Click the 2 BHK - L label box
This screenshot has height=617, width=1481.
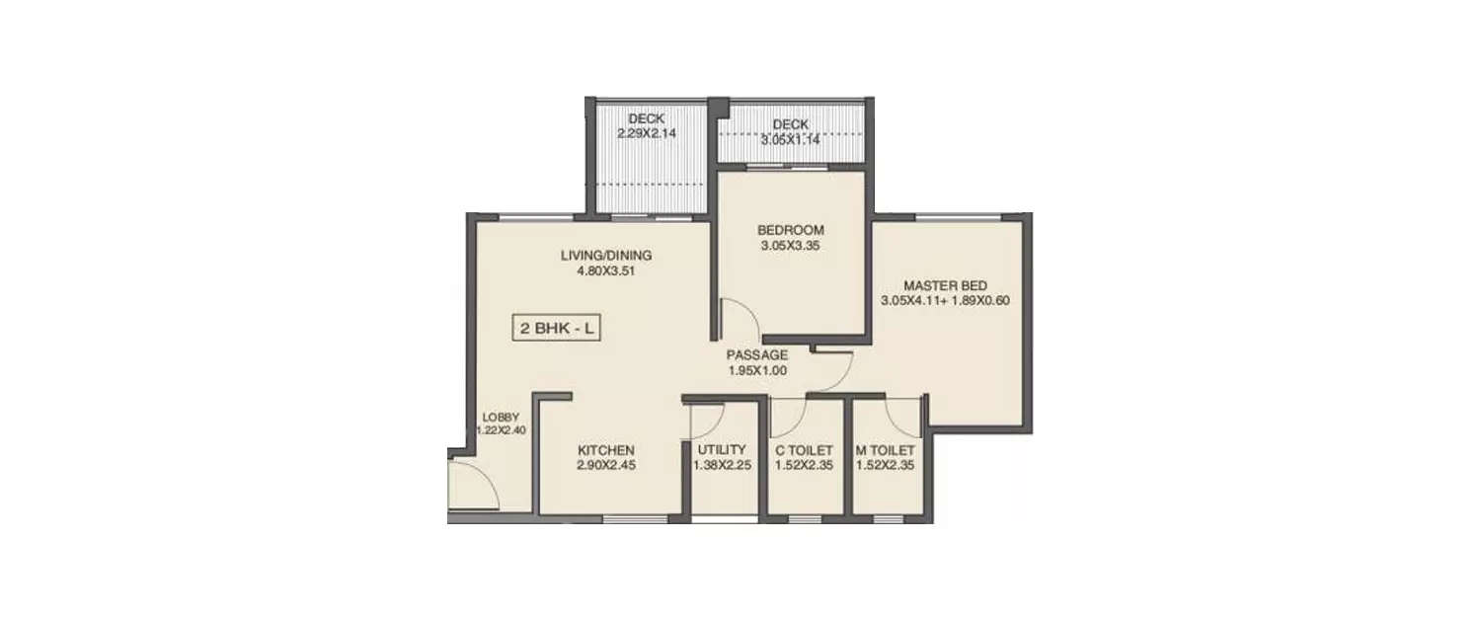point(557,328)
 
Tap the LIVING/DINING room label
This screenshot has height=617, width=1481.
point(606,255)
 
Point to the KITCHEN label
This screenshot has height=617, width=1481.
point(606,450)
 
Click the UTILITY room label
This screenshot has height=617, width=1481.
point(723,450)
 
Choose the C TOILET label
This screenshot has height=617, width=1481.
point(804,450)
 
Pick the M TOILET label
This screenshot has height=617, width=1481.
point(887,450)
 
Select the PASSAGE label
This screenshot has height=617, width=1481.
point(757,355)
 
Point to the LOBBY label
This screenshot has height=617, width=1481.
point(501,418)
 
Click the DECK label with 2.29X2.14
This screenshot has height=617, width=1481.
point(647,118)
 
